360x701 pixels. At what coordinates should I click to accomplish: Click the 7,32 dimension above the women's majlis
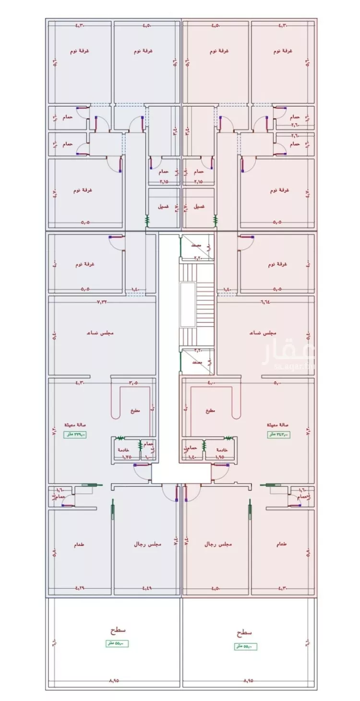click(102, 302)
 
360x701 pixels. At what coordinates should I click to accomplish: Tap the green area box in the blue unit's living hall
click(75, 435)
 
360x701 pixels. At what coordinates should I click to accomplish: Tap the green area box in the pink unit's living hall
click(279, 435)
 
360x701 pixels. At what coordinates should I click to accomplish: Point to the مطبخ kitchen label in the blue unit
click(134, 411)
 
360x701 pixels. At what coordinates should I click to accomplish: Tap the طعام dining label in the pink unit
click(282, 545)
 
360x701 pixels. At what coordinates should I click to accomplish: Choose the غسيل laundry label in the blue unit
click(163, 206)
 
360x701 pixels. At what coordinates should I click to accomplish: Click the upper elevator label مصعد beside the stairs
click(195, 245)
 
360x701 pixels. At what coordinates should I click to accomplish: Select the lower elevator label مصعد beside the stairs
click(195, 363)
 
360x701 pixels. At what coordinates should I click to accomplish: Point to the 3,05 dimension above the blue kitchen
click(133, 383)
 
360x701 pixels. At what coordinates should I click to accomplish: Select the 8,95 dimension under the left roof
click(113, 681)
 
